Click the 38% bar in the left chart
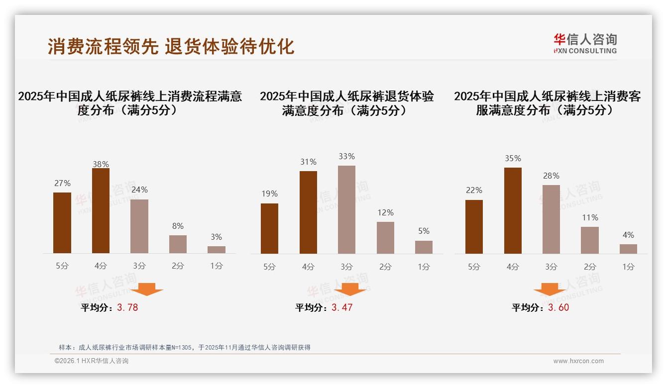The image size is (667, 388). point(101,211)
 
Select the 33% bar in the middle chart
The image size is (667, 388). point(346,209)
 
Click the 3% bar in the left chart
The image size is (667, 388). point(217,250)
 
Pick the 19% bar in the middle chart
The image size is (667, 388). point(269,228)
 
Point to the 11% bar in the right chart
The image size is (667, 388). point(590,240)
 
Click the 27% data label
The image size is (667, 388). point(62,183)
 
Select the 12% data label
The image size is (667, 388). point(385,212)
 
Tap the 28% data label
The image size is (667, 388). point(551,176)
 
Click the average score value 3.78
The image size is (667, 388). point(127,307)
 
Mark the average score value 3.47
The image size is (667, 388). point(342,307)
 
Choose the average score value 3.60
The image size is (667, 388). point(558,307)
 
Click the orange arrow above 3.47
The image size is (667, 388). point(350,289)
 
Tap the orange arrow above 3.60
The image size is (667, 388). point(550,289)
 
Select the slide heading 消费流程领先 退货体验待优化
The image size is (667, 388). point(171,46)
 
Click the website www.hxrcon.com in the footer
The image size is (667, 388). point(578,361)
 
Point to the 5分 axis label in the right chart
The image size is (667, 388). point(474,267)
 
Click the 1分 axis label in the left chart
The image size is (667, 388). point(217,266)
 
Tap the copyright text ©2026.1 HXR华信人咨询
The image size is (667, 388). point(92,361)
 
